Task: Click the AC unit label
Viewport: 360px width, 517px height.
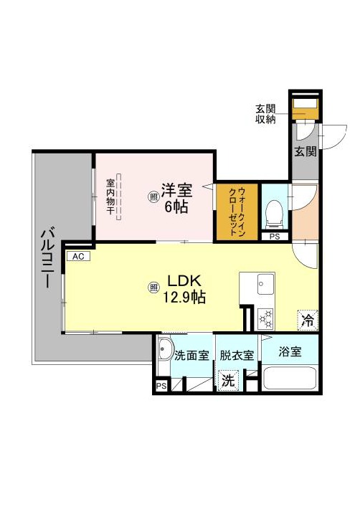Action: point(78,256)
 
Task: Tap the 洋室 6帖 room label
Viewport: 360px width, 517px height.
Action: point(176,197)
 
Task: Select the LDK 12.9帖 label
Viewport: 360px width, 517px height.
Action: point(184,289)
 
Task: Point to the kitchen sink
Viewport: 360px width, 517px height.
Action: point(266,284)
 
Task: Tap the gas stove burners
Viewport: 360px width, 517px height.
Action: point(266,319)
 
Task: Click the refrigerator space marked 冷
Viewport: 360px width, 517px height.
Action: point(308,320)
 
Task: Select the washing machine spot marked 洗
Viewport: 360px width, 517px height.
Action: point(228,381)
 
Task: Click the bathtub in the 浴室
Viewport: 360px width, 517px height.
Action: point(290,379)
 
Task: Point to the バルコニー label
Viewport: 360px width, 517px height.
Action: point(48,259)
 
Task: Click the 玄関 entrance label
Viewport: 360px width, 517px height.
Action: point(305,151)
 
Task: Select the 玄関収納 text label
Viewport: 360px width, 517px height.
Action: point(265,114)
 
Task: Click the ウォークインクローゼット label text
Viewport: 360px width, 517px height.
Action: point(237,211)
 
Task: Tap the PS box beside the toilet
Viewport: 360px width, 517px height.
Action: point(275,237)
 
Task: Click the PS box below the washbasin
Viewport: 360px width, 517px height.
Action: point(161,386)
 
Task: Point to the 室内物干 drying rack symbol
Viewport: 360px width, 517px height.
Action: point(118,197)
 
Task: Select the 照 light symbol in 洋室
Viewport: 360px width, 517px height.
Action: point(153,197)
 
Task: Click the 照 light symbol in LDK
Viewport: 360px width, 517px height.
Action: point(153,288)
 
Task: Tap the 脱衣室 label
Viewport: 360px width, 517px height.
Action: point(237,356)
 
